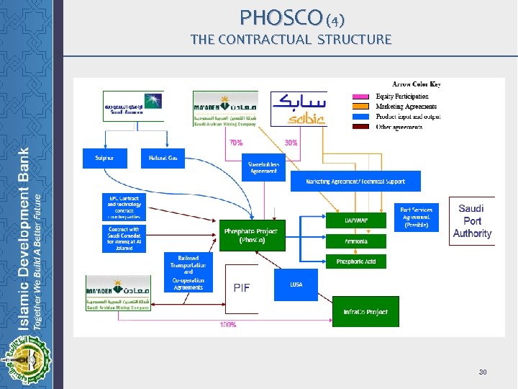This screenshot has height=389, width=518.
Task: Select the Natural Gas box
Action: (x=163, y=158)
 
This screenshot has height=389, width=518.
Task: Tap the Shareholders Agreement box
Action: (x=263, y=167)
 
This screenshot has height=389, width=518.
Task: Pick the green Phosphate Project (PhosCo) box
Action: (x=250, y=236)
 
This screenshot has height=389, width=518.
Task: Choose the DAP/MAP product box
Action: (x=356, y=220)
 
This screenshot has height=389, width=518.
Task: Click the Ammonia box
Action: (x=356, y=241)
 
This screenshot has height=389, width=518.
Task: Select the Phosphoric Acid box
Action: (x=356, y=261)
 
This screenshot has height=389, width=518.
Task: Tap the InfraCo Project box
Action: (x=365, y=312)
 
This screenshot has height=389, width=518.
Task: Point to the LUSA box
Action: (x=296, y=285)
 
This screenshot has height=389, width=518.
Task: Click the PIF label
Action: (x=242, y=287)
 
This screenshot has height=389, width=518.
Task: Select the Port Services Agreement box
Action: (x=417, y=217)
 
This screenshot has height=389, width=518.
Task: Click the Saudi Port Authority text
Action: (x=472, y=221)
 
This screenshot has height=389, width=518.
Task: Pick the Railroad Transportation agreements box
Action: (x=188, y=272)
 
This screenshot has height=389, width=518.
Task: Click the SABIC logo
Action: (x=299, y=109)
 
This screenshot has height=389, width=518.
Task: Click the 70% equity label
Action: (x=236, y=143)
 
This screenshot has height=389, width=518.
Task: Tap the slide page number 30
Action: (x=483, y=372)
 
